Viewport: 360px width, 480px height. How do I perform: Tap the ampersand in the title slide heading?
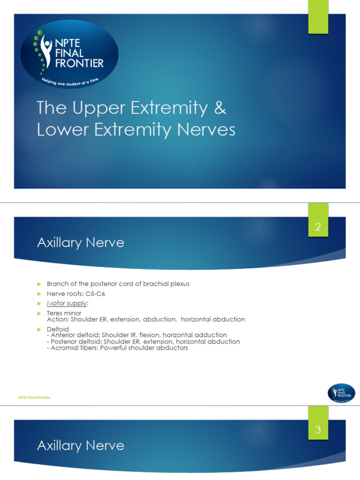(219, 108)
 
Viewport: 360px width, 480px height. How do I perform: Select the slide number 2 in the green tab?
(318, 228)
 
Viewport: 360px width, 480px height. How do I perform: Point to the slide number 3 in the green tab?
(318, 430)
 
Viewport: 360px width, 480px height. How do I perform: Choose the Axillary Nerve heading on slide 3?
(81, 445)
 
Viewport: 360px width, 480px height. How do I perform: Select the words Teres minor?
(64, 313)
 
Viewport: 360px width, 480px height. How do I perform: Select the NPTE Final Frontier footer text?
(34, 397)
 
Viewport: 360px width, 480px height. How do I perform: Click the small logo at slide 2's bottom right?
(341, 393)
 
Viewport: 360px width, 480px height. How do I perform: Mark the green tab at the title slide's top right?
(318, 17)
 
